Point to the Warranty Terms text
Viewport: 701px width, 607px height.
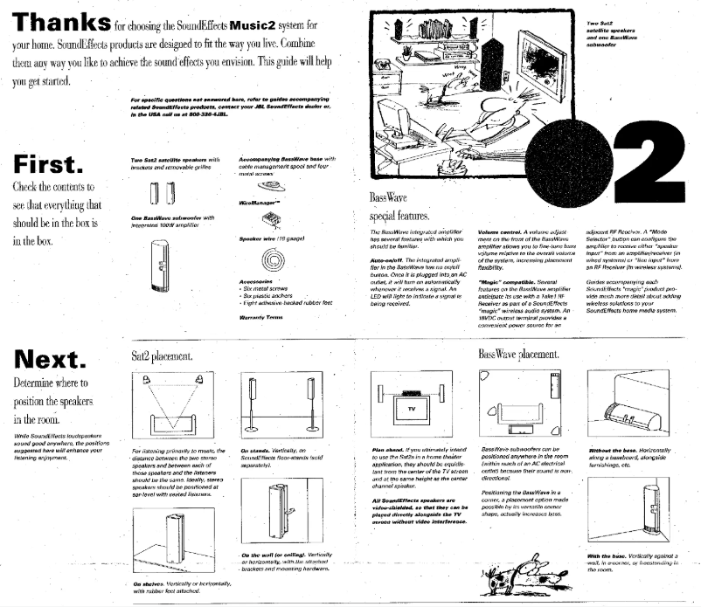click(259, 318)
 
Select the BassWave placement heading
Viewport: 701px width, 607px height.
click(518, 355)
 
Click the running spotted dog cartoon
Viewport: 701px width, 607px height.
click(525, 572)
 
